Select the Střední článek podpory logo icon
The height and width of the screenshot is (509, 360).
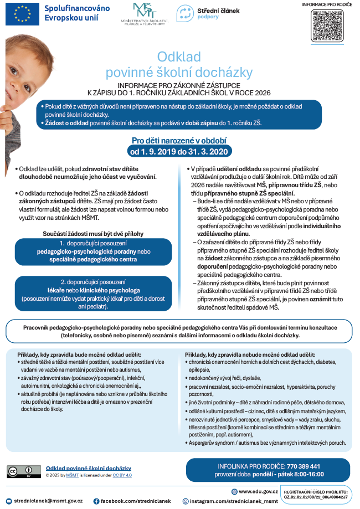[185, 13]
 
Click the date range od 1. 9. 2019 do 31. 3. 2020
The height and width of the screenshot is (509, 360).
[179, 151]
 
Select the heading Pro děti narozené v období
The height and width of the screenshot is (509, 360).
[179, 140]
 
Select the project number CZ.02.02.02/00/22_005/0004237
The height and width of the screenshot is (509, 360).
[316, 497]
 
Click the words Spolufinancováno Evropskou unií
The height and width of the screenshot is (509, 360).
[77, 14]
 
